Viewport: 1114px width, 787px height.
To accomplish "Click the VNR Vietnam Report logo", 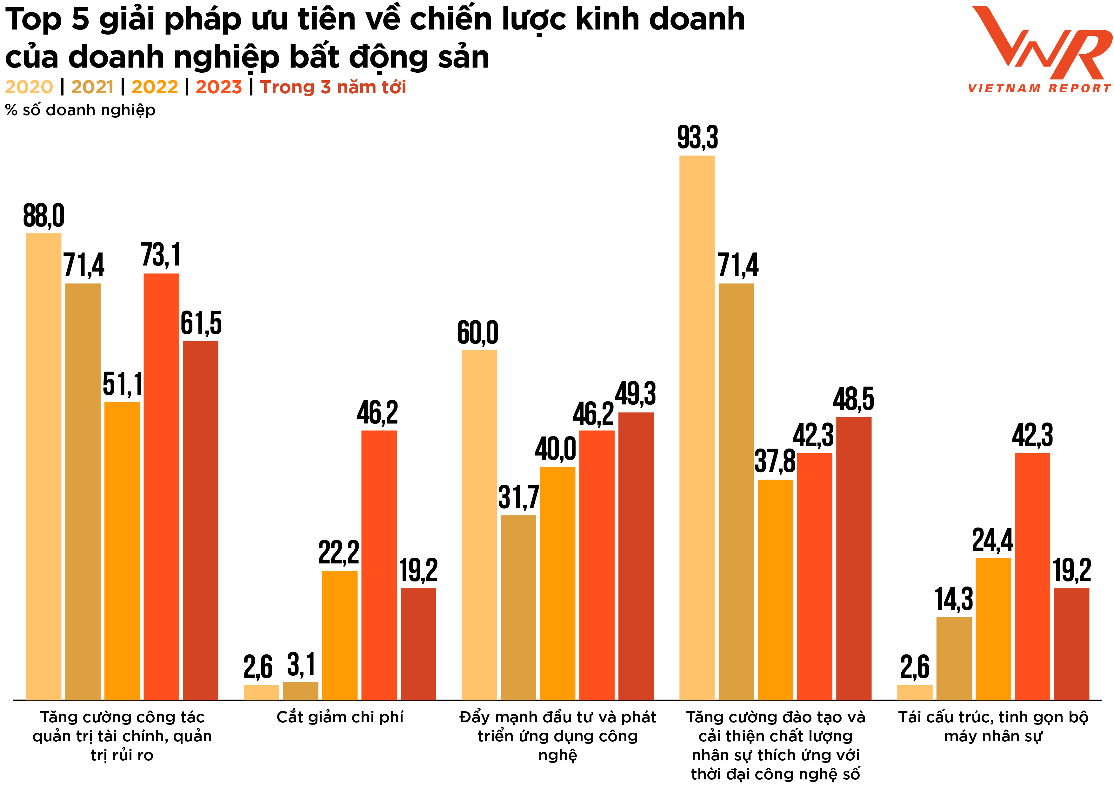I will click(1039, 49).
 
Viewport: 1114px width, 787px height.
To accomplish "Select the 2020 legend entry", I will click(29, 87).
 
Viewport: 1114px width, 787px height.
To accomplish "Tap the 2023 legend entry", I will click(218, 87).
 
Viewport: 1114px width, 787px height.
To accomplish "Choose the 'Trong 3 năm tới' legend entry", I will click(333, 87).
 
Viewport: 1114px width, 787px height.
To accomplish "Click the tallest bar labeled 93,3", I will click(697, 427).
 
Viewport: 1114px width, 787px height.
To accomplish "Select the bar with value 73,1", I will click(161, 485).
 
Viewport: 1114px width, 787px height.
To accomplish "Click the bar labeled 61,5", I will click(200, 519).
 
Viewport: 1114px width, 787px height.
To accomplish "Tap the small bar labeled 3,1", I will click(300, 691).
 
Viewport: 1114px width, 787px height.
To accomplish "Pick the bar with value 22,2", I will click(340, 635).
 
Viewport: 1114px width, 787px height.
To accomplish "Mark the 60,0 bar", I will click(479, 524).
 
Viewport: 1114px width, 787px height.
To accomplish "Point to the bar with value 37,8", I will click(775, 589).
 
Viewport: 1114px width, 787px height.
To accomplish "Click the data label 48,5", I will click(853, 399).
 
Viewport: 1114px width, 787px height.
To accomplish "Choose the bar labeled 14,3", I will click(954, 658).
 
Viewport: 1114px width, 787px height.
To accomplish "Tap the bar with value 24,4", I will click(993, 628).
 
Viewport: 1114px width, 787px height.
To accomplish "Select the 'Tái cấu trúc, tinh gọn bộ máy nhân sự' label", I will click(993, 726).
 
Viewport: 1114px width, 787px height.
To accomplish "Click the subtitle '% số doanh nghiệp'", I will click(80, 110).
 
